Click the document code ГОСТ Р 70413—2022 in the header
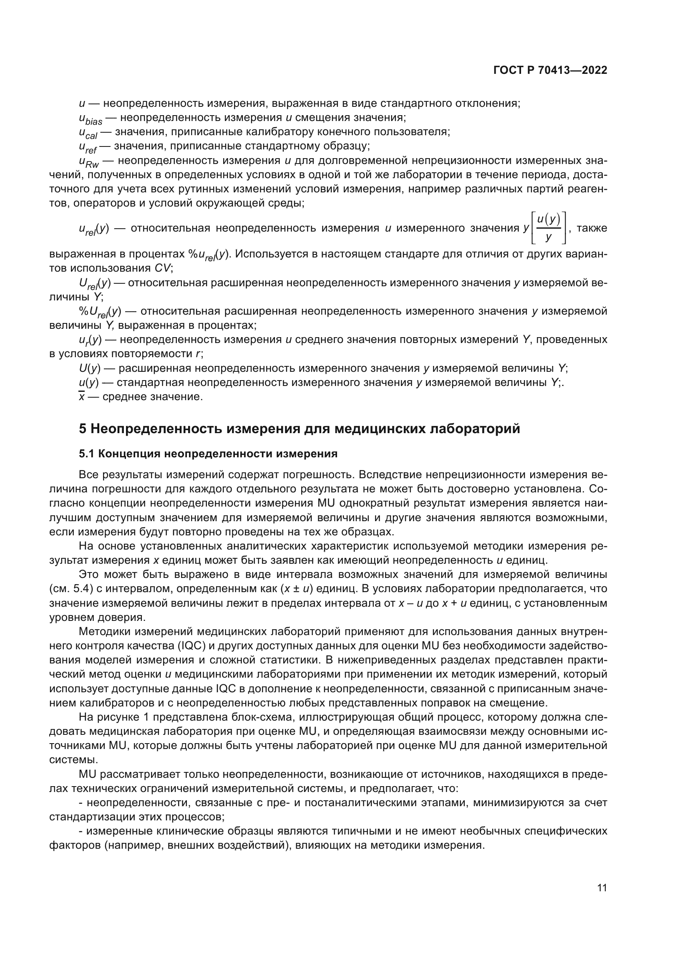tap(550, 70)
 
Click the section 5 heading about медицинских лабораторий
tap(299, 429)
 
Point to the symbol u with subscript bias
tap(91, 119)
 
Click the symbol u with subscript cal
tap(88, 133)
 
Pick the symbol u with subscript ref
tap(88, 147)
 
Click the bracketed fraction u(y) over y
tap(549, 229)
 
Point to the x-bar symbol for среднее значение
tap(81, 396)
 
